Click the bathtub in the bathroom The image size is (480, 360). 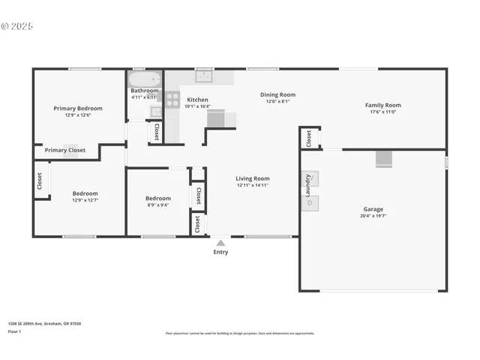click(144, 79)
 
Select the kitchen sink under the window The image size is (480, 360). click(203, 76)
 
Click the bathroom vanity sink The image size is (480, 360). click(155, 112)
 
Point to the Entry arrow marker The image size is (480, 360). click(220, 243)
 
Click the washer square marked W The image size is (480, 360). click(310, 179)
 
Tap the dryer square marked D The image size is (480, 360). click(310, 203)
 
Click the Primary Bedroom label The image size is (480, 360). click(78, 109)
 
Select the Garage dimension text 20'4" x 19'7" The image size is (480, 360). click(373, 216)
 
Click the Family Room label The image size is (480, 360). click(382, 106)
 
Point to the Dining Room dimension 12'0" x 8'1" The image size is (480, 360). click(277, 101)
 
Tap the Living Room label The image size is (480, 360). click(253, 178)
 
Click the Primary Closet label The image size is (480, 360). click(65, 150)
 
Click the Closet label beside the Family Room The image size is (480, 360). click(308, 138)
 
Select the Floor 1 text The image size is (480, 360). click(14, 331)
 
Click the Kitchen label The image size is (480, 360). click(197, 100)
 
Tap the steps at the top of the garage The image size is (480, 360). click(383, 158)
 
